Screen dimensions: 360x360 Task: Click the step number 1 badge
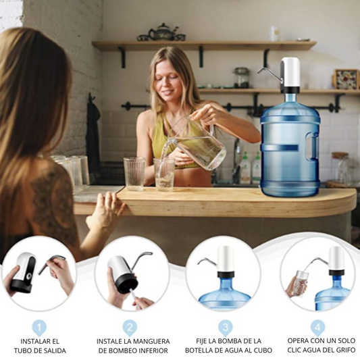[39, 328]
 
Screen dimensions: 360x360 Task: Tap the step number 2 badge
[130, 328]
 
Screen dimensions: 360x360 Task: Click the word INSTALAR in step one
[32, 341]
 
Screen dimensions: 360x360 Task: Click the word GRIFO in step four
[344, 351]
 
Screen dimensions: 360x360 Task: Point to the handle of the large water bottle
[313, 145]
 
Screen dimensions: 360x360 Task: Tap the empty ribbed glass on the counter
[134, 174]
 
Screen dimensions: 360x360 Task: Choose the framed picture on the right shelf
[346, 79]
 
